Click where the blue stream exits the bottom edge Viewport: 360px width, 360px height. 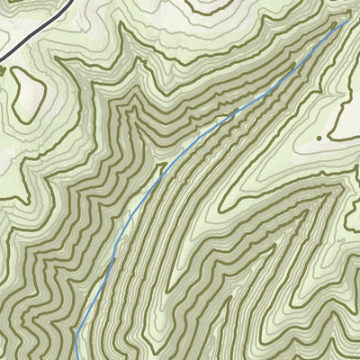click(x=77, y=359)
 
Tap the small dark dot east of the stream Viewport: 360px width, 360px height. click(x=319, y=138)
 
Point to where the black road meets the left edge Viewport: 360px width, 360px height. click(x=1, y=60)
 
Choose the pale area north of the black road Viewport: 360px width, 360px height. click(x=18, y=18)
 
